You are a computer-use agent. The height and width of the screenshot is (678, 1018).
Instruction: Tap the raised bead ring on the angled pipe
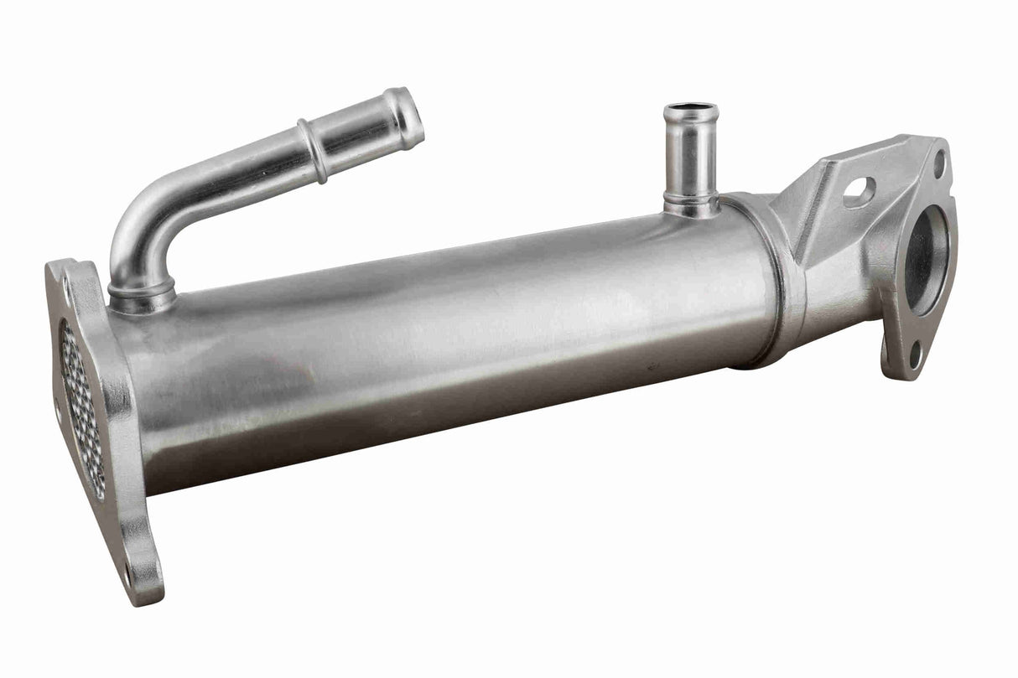[x=313, y=152]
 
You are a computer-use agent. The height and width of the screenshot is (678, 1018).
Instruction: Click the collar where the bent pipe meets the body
[x=142, y=293]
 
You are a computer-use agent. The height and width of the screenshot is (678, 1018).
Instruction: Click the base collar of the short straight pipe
[x=691, y=204]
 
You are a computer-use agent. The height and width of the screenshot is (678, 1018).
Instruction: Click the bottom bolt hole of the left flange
[x=129, y=577]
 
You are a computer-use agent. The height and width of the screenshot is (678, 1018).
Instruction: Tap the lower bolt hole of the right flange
[x=916, y=357]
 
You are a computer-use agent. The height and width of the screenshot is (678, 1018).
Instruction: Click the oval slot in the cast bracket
[x=859, y=192]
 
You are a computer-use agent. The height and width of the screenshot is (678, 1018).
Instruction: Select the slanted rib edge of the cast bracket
[x=808, y=210]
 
